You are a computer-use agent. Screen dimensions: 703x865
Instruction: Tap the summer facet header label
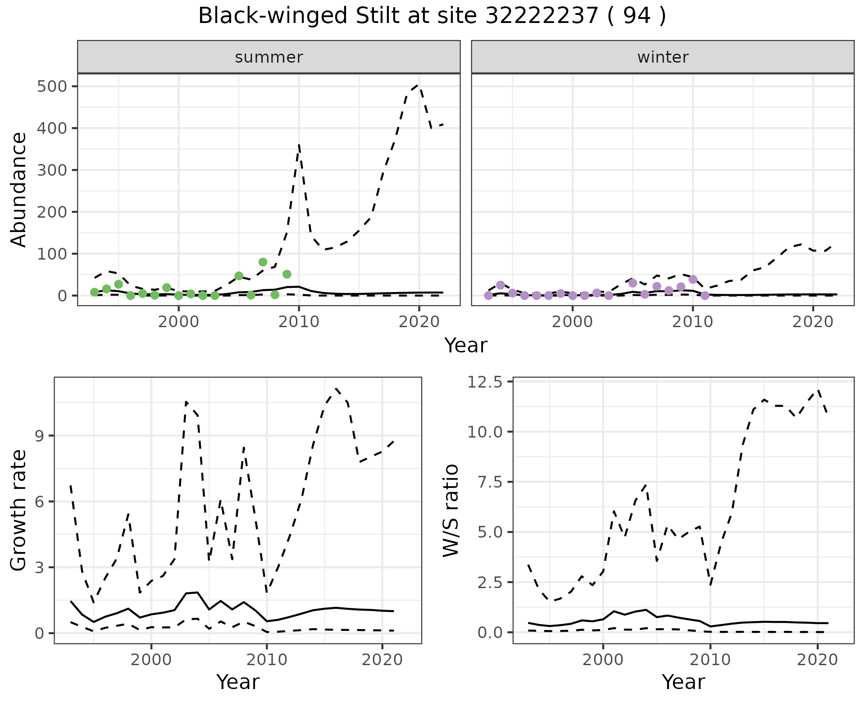[269, 57]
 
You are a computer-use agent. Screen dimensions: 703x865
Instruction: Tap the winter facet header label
[663, 57]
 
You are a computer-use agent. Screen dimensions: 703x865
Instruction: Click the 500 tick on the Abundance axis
[51, 86]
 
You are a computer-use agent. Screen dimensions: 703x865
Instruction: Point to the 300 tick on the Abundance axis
[51, 170]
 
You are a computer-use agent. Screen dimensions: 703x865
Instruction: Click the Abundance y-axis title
[18, 189]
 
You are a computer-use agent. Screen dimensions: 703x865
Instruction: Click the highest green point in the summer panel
[263, 262]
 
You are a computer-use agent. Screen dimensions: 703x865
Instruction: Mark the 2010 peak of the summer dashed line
[299, 145]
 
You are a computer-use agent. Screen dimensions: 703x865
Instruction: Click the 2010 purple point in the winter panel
[693, 279]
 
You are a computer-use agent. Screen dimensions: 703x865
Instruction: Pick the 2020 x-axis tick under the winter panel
[813, 322]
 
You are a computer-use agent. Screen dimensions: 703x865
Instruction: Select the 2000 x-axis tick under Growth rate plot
[151, 660]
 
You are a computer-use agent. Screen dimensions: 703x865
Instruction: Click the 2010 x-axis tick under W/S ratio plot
[710, 660]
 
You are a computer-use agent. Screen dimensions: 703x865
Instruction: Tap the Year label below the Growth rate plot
[238, 682]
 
